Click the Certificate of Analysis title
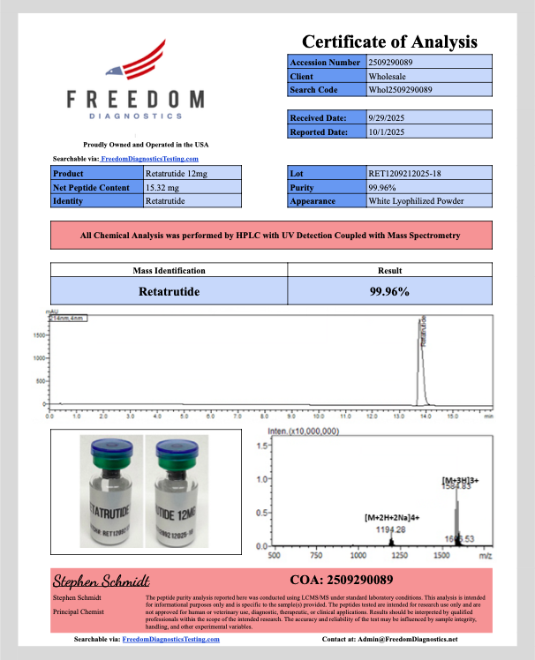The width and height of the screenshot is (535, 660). [x=389, y=41]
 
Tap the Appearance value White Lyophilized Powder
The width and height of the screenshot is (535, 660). [x=416, y=201]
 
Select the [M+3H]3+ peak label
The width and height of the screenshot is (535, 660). [x=459, y=482]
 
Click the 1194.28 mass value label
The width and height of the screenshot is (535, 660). [x=389, y=529]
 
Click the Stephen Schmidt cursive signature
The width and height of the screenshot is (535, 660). [x=101, y=581]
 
